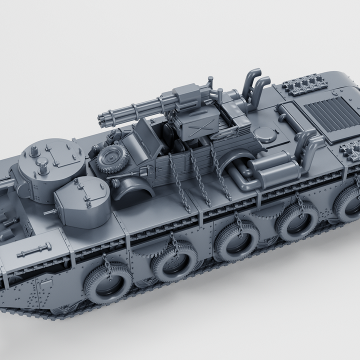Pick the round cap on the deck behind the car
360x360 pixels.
click(263, 134)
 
